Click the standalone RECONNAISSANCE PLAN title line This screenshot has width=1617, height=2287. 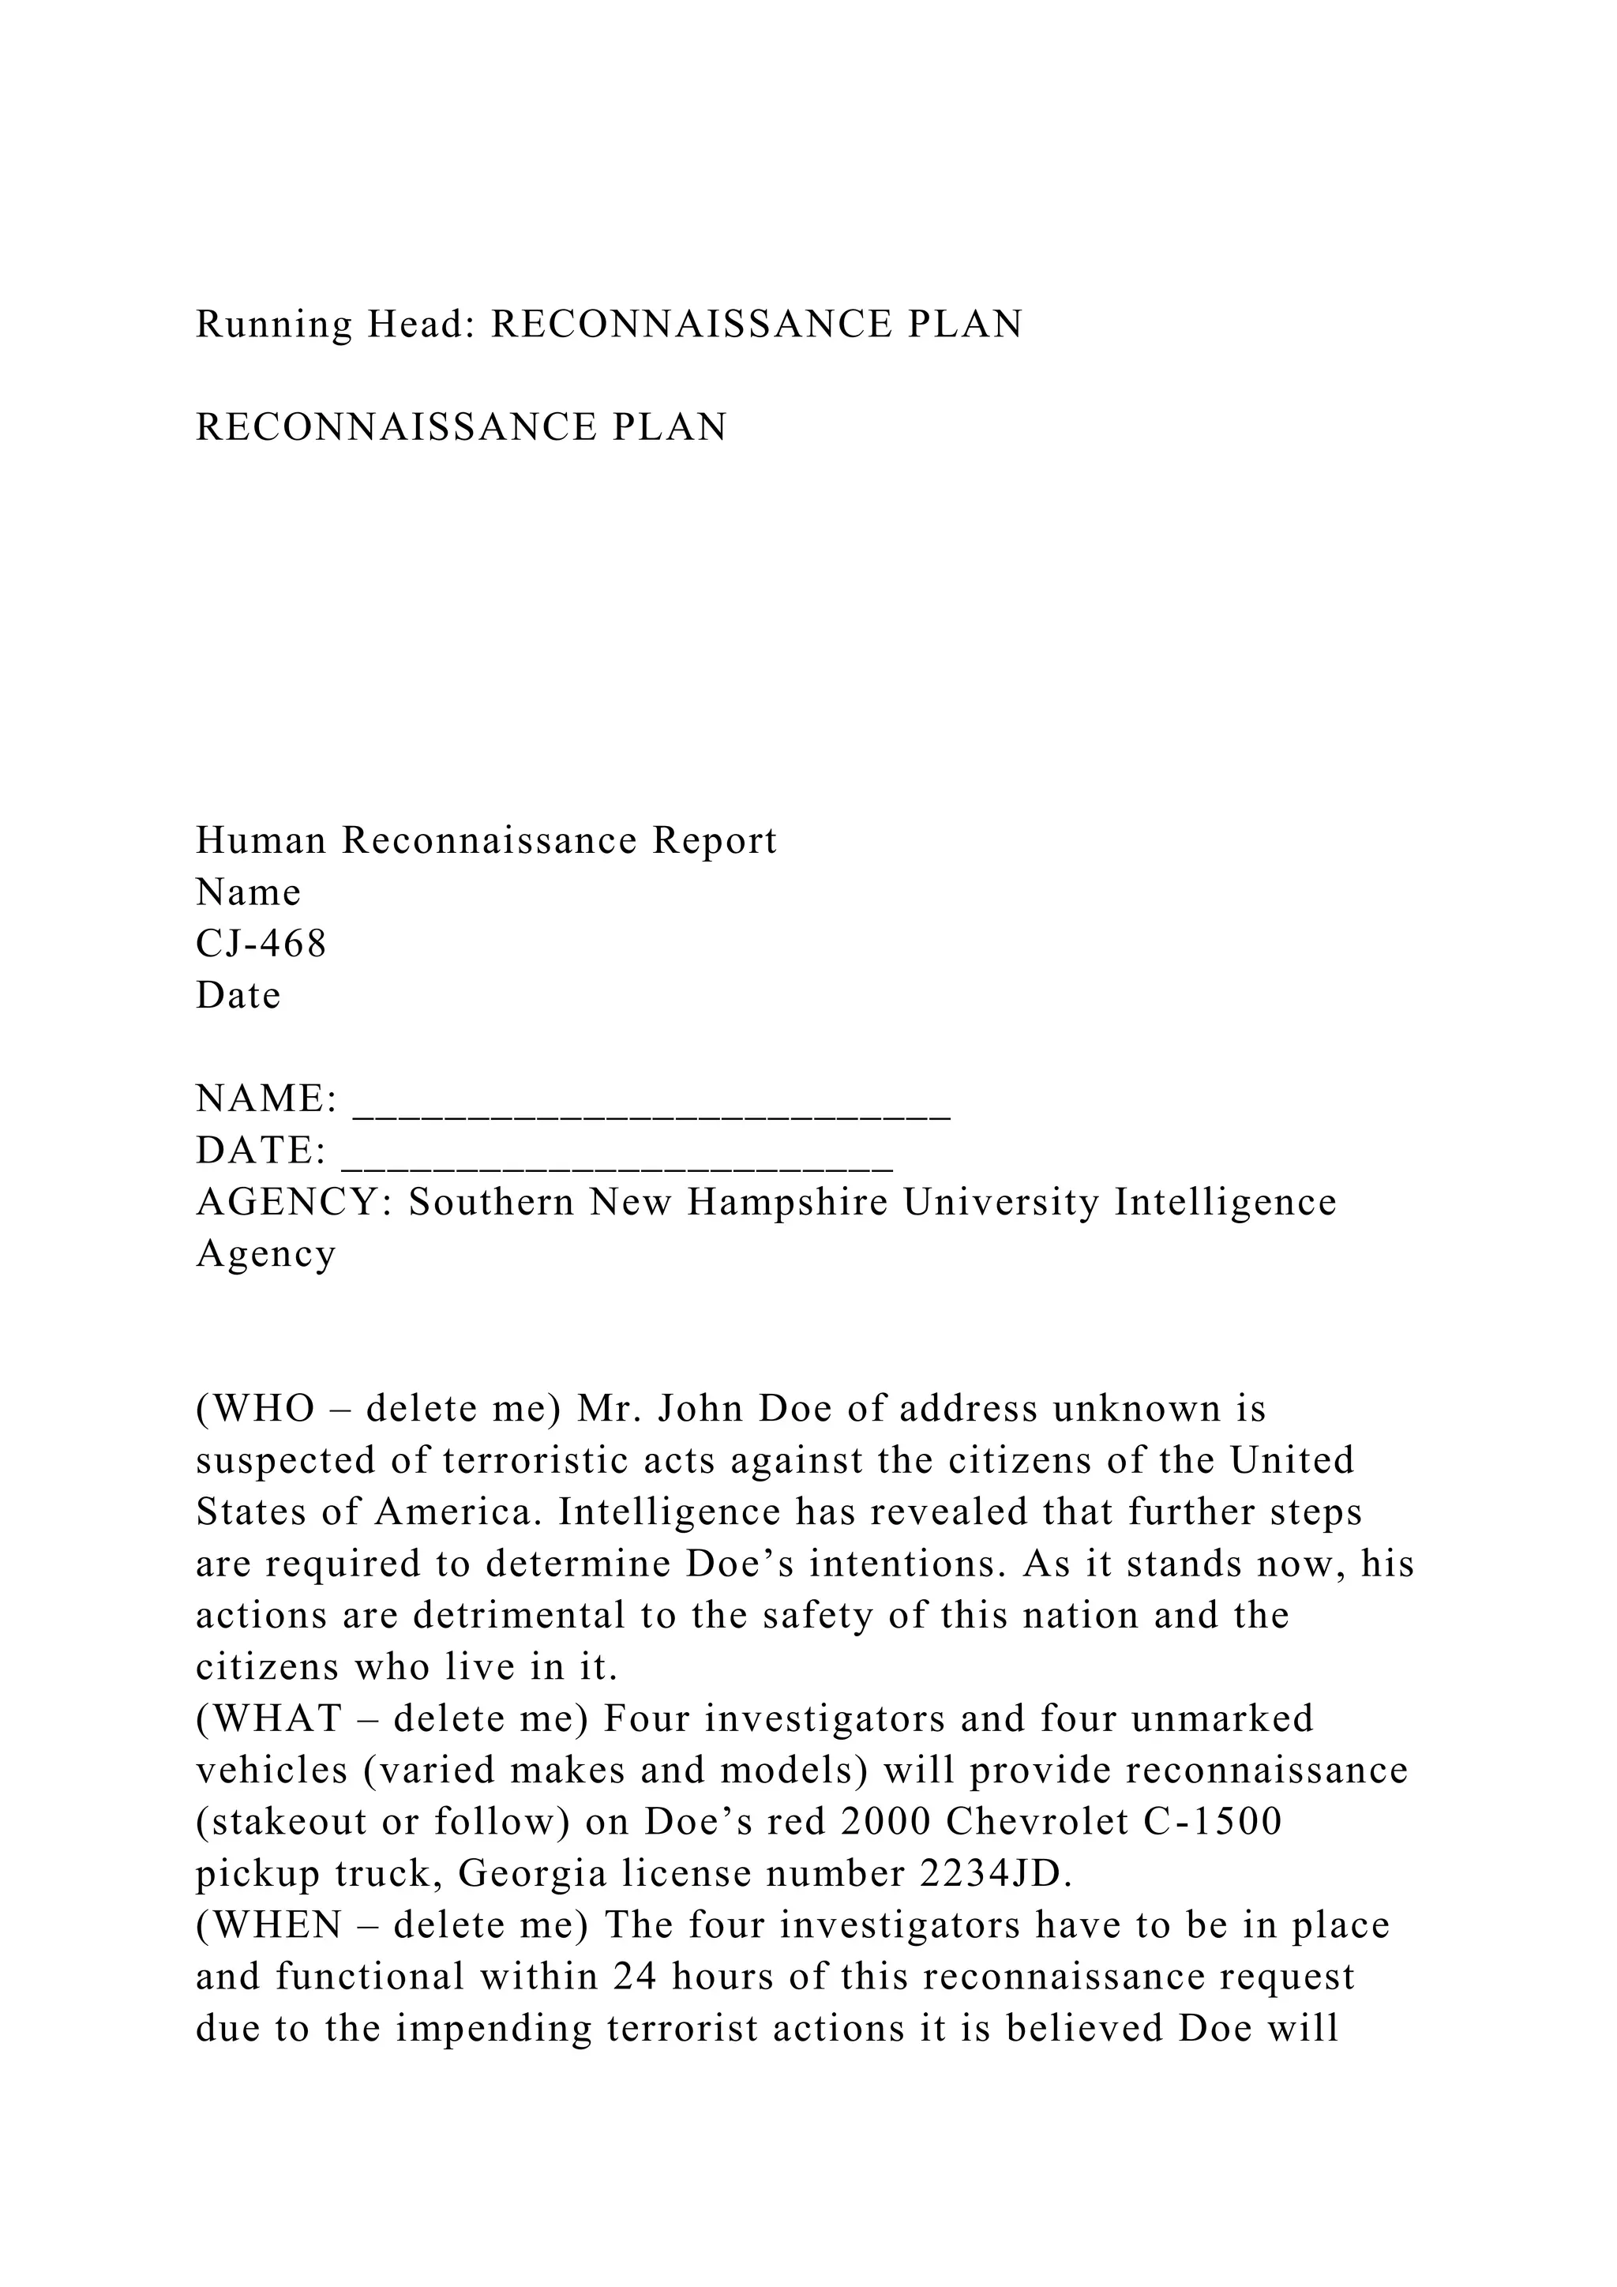461,427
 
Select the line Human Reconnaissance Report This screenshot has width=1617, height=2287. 485,841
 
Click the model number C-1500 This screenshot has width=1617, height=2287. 1213,1823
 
